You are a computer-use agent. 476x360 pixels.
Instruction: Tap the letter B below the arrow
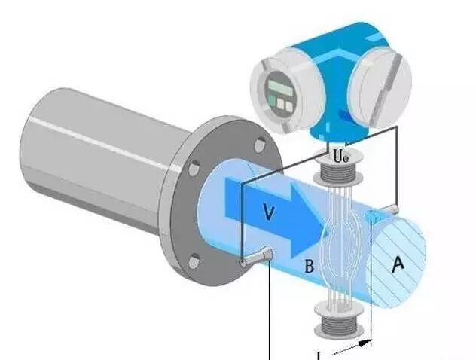(x=308, y=265)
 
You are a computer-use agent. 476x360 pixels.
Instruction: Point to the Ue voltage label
(x=340, y=157)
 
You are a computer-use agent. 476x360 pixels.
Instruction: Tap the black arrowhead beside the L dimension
(x=366, y=343)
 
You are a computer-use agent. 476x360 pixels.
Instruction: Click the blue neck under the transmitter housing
(x=337, y=134)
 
